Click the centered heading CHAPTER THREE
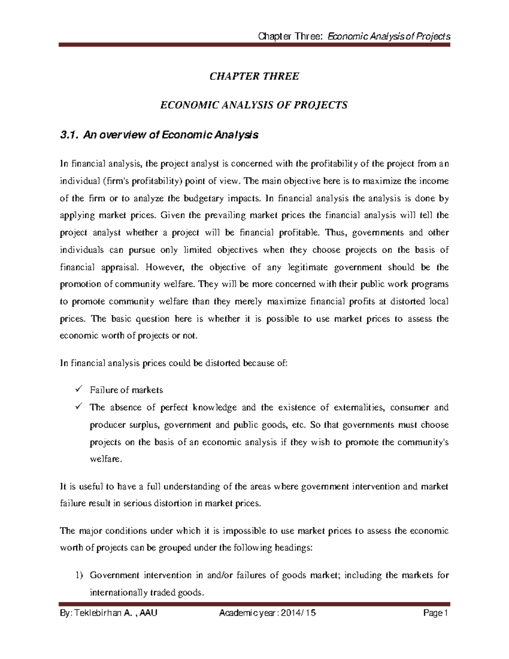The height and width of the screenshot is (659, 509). pos(254,76)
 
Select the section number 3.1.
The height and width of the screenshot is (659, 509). pos(69,135)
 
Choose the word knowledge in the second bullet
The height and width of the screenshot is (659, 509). pos(215,408)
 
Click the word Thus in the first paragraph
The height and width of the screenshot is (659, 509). pos(336,233)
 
